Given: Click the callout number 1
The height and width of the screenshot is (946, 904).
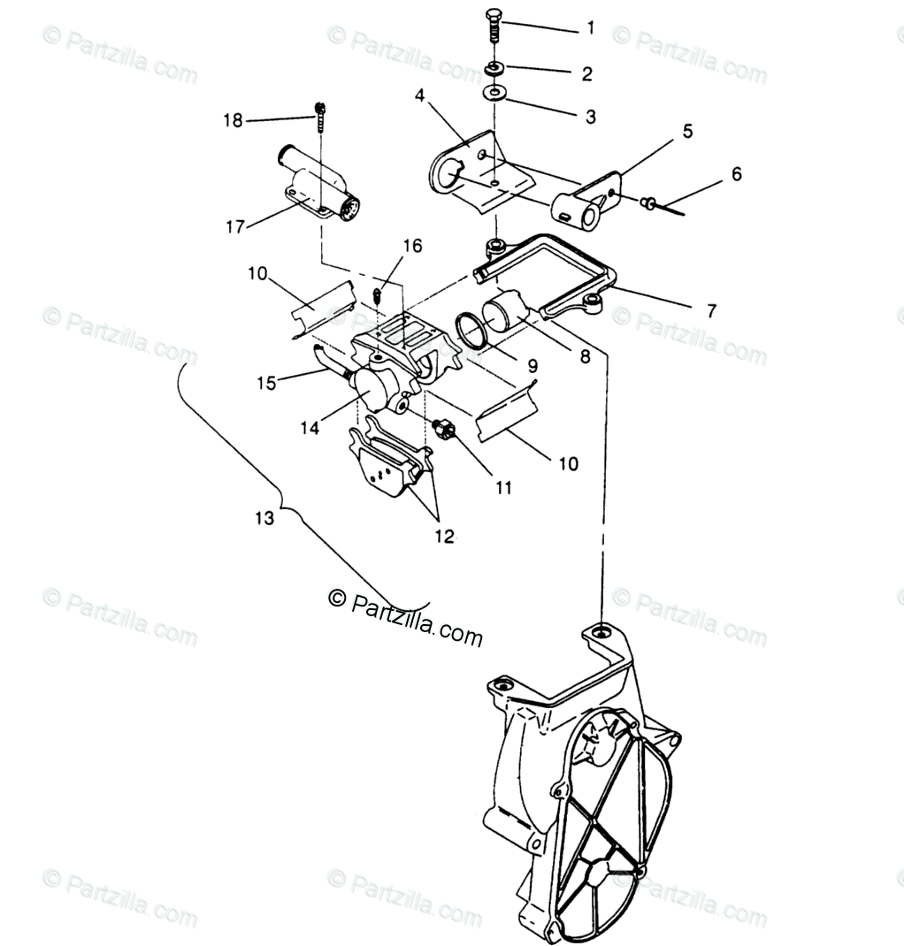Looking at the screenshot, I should (590, 28).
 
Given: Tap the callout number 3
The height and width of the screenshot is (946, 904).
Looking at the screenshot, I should (590, 116).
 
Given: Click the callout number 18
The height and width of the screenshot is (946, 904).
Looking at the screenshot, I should (233, 120).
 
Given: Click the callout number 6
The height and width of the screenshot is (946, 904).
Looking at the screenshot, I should (736, 175).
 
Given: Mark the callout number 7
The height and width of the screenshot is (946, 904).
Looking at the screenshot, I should (710, 311).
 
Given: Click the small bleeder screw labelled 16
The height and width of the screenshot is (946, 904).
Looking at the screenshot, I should (378, 294).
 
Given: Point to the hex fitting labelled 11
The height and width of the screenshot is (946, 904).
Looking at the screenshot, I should (446, 431).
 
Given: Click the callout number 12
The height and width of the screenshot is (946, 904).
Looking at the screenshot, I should (444, 536).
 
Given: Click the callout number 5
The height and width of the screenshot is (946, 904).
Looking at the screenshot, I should (686, 132).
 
